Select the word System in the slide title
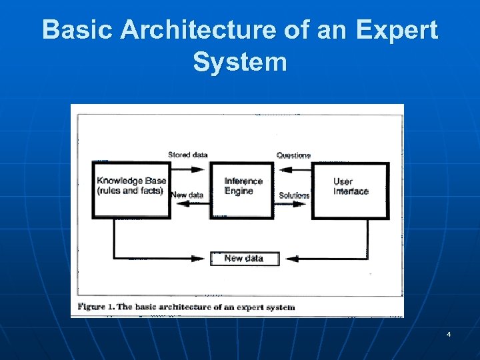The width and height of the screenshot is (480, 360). (240, 62)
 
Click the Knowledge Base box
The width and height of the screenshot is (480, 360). (131, 189)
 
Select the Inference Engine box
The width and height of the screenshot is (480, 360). (243, 189)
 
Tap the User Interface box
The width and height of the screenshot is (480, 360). (351, 189)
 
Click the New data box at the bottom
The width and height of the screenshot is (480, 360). (244, 259)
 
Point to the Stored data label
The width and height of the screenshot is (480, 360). (188, 155)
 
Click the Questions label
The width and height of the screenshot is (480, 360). (293, 155)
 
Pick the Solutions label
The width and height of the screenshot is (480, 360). (294, 195)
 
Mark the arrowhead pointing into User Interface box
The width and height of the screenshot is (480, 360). (305, 203)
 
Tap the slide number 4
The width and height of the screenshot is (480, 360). (449, 333)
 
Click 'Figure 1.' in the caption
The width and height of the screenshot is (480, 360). (96, 307)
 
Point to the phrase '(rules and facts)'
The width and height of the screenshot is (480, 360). (130, 191)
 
